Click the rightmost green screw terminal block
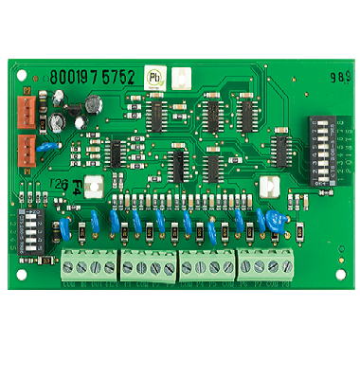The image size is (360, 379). [x=264, y=266]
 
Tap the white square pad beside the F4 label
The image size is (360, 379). [x=93, y=187]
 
